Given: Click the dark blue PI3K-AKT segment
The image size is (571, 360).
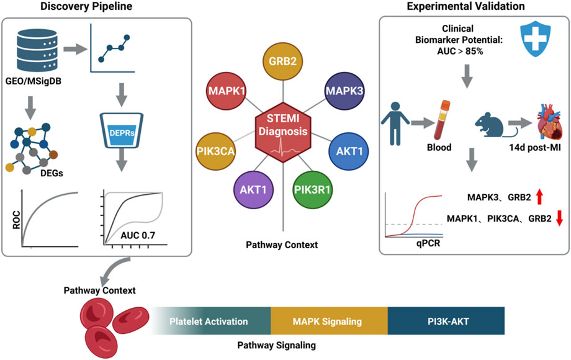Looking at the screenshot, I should tap(446, 322).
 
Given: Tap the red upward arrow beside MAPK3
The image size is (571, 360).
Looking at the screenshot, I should tap(539, 198).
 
